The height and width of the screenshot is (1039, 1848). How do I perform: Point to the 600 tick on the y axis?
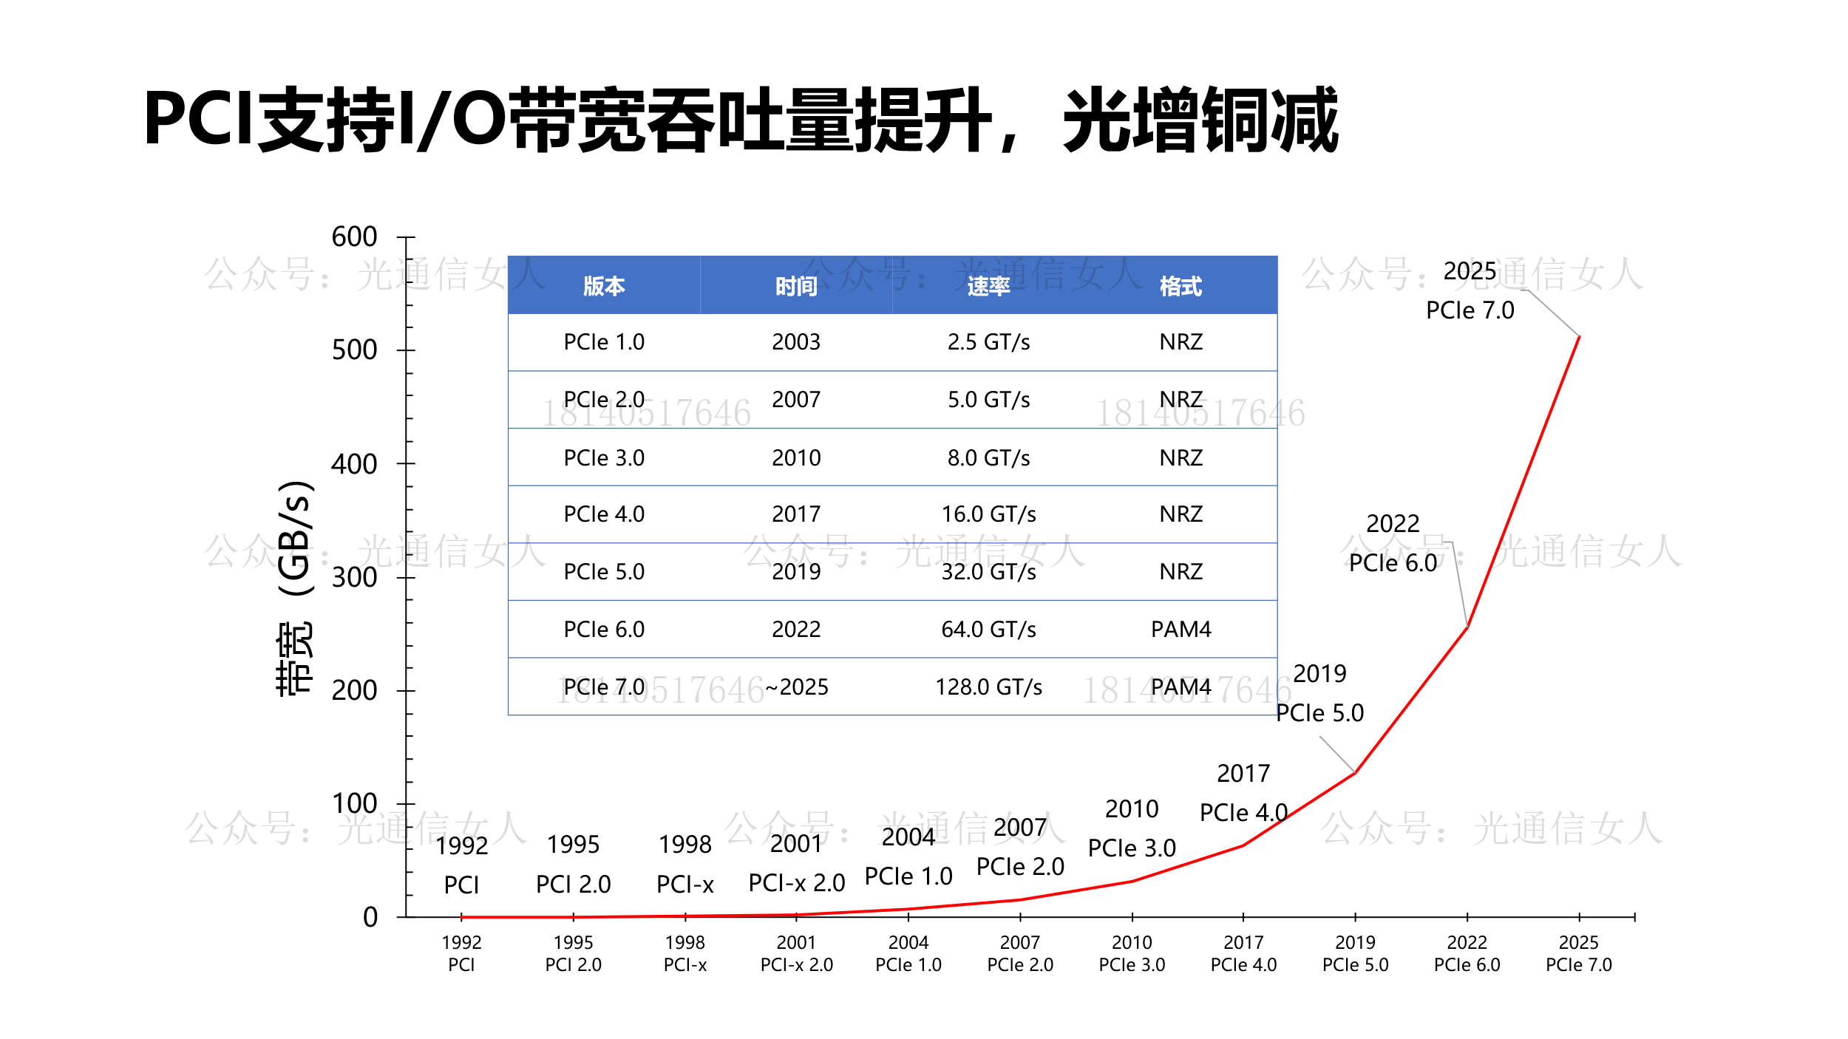pyautogui.click(x=354, y=237)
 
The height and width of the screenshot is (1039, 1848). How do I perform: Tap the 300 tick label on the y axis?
pyautogui.click(x=354, y=577)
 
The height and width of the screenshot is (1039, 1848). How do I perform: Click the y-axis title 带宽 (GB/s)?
pyautogui.click(x=295, y=587)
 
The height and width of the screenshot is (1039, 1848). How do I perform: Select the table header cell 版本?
pyautogui.click(x=604, y=286)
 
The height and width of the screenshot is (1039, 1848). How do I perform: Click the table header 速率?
pyautogui.click(x=988, y=286)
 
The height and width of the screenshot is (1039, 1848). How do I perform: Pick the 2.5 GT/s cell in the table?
pyautogui.click(x=988, y=342)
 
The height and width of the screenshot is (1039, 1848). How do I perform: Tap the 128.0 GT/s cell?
pyautogui.click(x=988, y=687)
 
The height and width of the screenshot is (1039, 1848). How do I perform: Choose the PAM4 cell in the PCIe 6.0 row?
pyautogui.click(x=1181, y=630)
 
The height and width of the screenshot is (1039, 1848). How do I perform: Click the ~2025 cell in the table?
pyautogui.click(x=796, y=687)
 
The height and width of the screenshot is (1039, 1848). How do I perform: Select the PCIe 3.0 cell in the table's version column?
pyautogui.click(x=604, y=458)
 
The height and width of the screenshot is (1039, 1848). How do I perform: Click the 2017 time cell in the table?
pyautogui.click(x=796, y=514)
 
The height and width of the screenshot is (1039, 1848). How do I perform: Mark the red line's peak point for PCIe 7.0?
pyautogui.click(x=1579, y=337)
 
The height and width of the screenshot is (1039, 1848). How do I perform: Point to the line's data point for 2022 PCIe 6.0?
pyautogui.click(x=1467, y=627)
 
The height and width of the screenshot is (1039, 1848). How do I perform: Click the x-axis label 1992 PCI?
pyautogui.click(x=461, y=953)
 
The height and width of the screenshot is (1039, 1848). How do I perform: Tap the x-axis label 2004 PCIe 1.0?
pyautogui.click(x=908, y=953)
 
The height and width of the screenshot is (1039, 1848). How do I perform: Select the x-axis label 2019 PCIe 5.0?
pyautogui.click(x=1355, y=953)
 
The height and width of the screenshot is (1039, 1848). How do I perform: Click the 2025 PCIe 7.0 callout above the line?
pyautogui.click(x=1470, y=291)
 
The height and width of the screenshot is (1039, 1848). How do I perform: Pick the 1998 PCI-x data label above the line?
pyautogui.click(x=685, y=864)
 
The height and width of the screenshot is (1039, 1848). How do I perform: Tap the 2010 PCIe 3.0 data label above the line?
pyautogui.click(x=1132, y=828)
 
